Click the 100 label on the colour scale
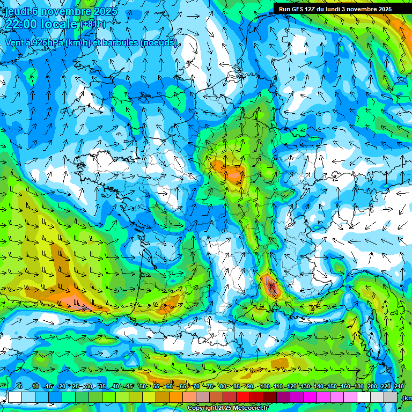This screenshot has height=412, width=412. (x=265, y=387)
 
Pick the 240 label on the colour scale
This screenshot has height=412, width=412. (x=399, y=387)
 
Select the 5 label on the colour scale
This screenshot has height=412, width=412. (x=20, y=387)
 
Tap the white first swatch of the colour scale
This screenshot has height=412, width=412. (x=15, y=397)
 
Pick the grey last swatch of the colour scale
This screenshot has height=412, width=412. (x=391, y=397)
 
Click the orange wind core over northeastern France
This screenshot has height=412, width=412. (x=233, y=173)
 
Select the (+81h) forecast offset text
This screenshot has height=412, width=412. (x=93, y=25)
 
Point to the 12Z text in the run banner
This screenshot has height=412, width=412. (x=311, y=9)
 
